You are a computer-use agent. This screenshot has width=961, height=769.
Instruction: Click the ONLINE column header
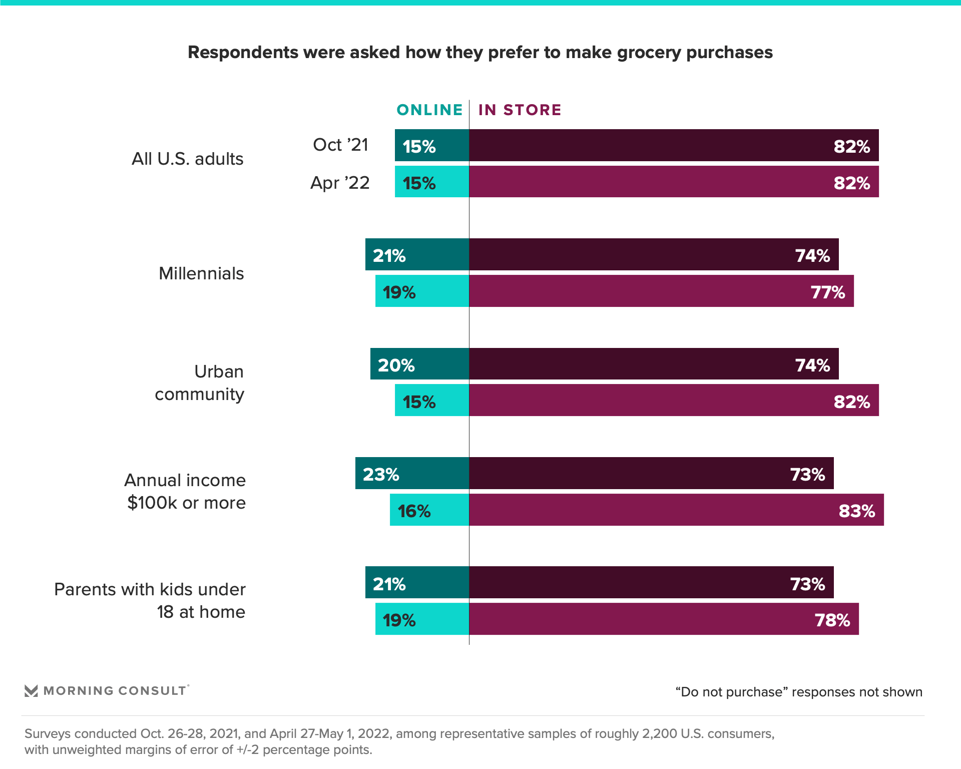point(429,110)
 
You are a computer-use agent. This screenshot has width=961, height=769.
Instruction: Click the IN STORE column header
point(520,110)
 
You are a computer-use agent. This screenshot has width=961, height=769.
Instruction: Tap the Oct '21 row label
point(340,145)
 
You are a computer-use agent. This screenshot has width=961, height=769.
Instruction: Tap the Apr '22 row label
point(340,183)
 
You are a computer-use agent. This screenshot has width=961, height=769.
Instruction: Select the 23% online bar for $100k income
point(412,473)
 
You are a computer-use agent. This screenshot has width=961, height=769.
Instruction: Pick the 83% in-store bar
point(676,510)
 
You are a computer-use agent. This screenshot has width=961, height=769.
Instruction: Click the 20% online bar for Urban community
point(419,364)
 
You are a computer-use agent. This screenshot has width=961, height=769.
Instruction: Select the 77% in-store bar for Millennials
point(661,291)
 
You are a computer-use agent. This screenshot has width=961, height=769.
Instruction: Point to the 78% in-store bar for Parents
point(663,619)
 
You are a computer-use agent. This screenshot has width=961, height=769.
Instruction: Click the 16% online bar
point(429,510)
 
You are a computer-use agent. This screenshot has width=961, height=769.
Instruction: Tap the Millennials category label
point(201,273)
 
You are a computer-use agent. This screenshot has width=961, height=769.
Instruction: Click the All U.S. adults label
point(187,159)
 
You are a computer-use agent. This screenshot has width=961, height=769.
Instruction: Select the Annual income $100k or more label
point(186,491)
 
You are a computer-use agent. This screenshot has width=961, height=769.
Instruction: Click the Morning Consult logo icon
point(31,691)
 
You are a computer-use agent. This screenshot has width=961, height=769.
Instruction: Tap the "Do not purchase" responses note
point(798,692)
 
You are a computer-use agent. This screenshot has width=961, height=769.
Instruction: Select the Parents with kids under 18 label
point(150,600)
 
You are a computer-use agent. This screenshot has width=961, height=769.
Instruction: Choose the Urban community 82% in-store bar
point(673,400)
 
